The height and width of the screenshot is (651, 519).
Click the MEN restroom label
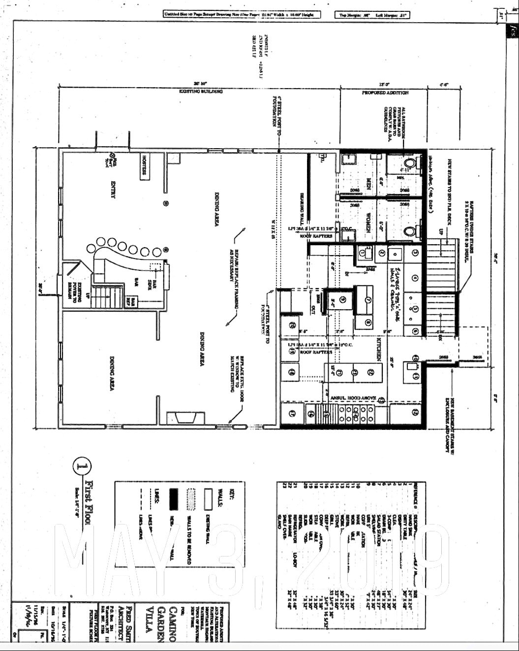[x=368, y=184]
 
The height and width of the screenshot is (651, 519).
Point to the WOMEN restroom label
[x=368, y=219]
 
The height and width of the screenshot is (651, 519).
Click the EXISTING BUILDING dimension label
[x=201, y=92]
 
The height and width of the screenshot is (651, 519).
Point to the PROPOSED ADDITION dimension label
[x=385, y=93]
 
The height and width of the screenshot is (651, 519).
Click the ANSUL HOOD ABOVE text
[x=353, y=398]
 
